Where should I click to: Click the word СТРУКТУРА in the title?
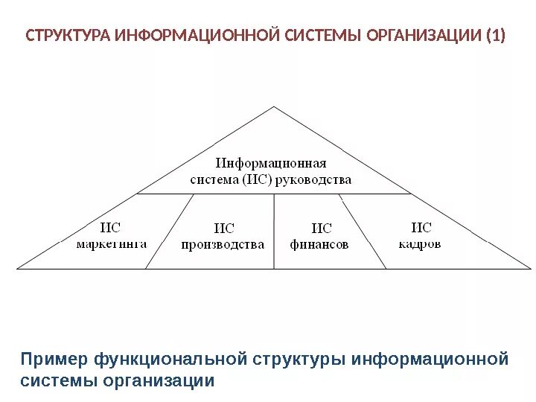click(68, 36)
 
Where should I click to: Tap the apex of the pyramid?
click(275, 107)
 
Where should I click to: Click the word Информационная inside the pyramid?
click(271, 162)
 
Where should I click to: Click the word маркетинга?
click(111, 243)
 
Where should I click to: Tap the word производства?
click(223, 244)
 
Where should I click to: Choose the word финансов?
click(319, 244)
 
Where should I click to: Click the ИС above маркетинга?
click(110, 227)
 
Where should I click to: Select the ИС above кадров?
click(421, 227)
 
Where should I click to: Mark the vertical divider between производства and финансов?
click(274, 231)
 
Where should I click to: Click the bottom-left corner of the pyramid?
click(18, 268)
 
